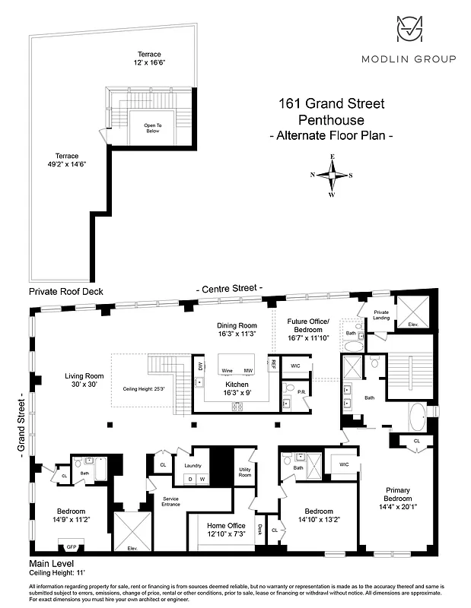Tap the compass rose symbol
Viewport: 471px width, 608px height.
click(332, 175)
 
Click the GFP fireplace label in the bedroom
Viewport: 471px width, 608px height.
click(72, 546)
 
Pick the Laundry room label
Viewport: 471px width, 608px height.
click(193, 464)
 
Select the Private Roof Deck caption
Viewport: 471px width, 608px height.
click(65, 291)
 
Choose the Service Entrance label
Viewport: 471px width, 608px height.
click(170, 502)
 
